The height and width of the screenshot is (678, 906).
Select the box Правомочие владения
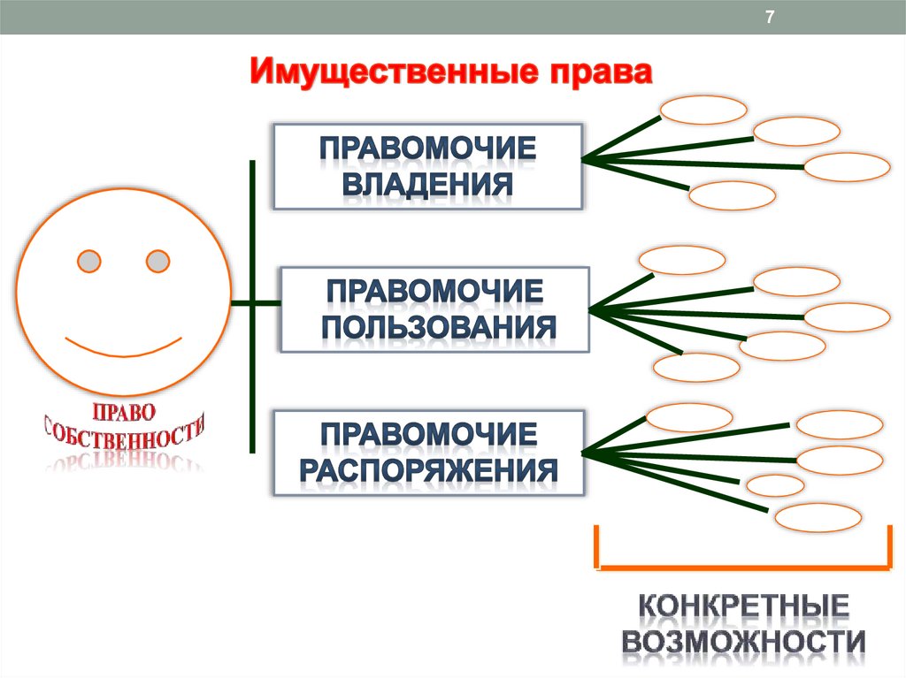[x=427, y=166]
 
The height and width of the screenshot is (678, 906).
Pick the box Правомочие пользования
[x=435, y=309]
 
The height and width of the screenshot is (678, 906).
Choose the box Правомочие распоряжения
[x=429, y=451]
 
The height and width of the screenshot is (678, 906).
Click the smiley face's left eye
[x=89, y=262]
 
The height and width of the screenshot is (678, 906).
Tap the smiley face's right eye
[x=157, y=262]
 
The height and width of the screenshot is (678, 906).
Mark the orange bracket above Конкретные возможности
[x=743, y=562]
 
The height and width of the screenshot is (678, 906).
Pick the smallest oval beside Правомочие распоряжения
[x=775, y=485]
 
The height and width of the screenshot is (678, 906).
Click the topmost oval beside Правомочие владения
[x=704, y=110]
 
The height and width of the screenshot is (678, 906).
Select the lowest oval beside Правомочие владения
[x=731, y=195]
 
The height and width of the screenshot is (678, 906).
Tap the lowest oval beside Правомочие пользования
[x=695, y=367]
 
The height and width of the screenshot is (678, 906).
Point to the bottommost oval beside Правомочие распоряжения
[x=817, y=517]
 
